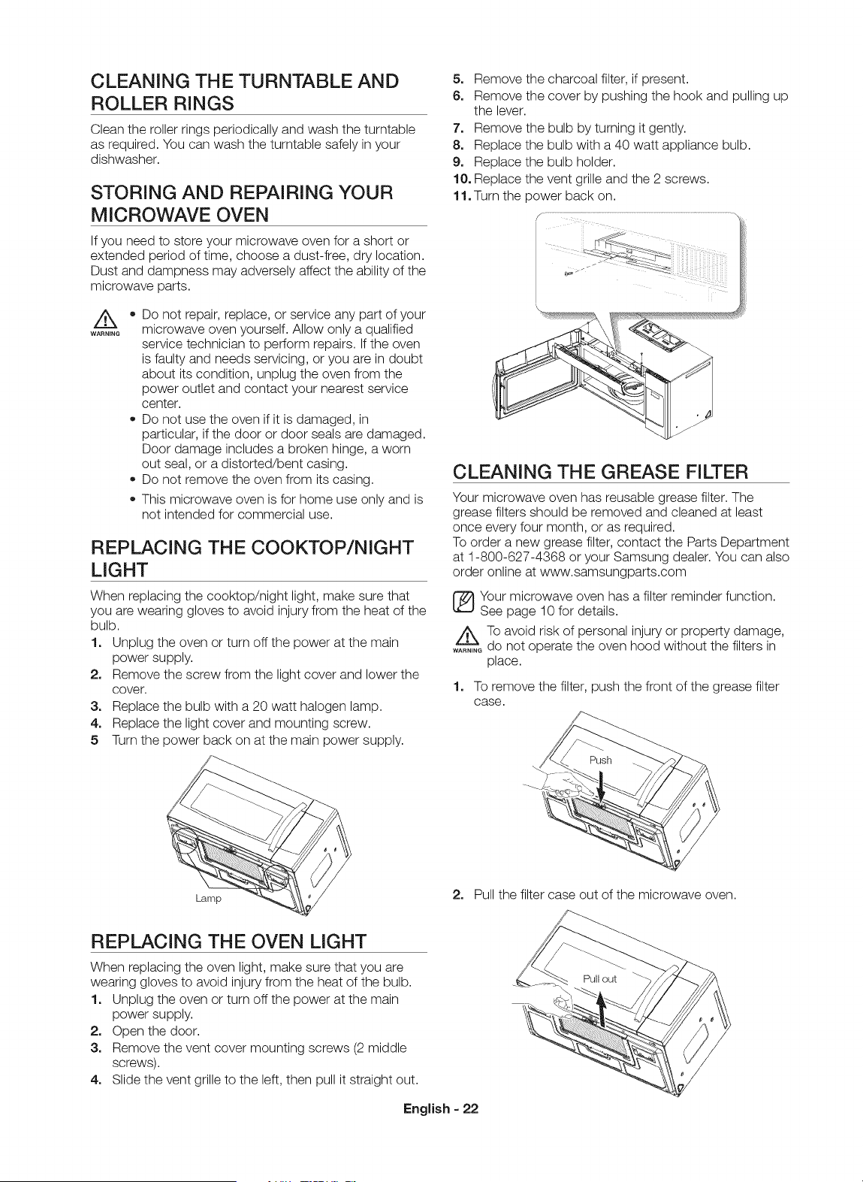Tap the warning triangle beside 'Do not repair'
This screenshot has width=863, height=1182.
(x=104, y=320)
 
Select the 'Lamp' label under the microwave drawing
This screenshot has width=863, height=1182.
(x=208, y=898)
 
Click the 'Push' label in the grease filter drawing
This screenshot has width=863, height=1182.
(x=600, y=760)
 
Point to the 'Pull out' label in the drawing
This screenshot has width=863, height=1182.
(x=600, y=979)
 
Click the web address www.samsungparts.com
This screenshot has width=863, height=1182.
(x=614, y=572)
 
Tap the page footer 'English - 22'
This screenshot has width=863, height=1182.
(x=440, y=1108)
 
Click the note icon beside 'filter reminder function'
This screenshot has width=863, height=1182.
(x=464, y=603)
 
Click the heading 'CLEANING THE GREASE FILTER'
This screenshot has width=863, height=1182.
(x=600, y=471)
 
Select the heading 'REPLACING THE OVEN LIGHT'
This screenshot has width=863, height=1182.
(x=228, y=941)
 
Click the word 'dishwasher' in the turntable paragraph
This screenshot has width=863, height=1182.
(x=124, y=159)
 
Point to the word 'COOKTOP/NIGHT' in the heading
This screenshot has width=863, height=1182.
(x=333, y=548)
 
